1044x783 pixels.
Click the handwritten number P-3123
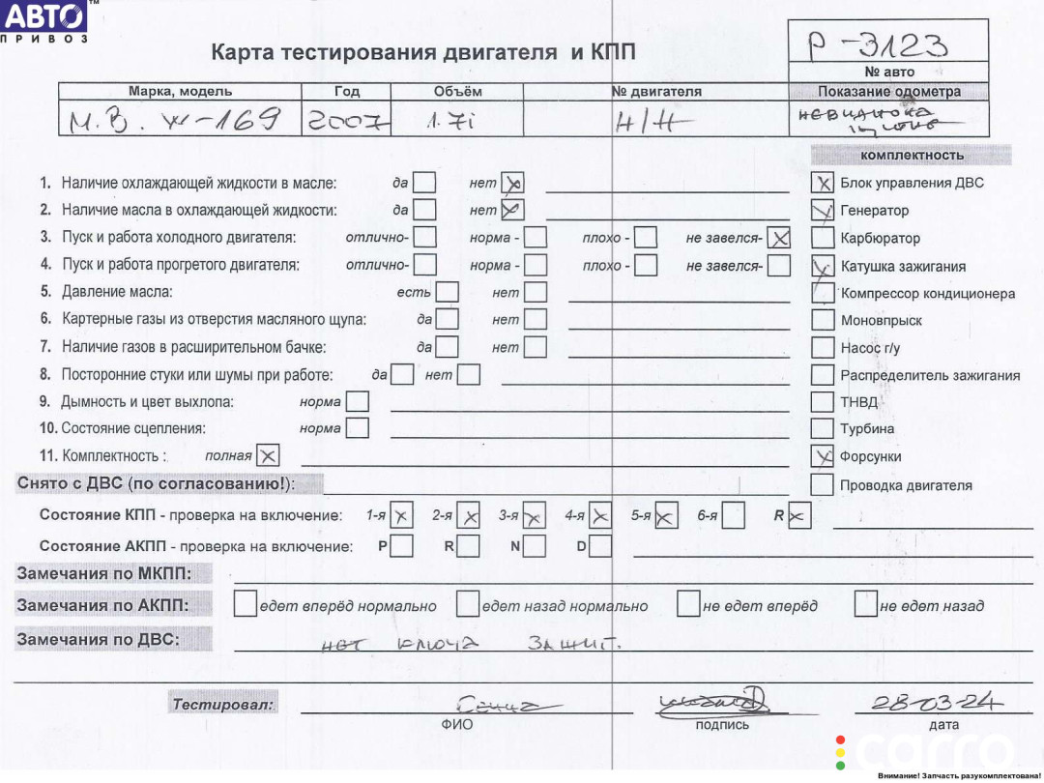tap(878, 45)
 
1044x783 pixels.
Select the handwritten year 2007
tap(347, 121)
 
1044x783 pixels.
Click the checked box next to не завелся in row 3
tap(779, 237)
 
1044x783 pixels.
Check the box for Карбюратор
tap(823, 238)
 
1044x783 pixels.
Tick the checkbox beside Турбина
tap(823, 428)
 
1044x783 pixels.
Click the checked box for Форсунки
tap(823, 456)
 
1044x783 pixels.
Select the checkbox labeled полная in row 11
tap(268, 455)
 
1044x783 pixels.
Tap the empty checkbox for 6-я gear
tap(734, 516)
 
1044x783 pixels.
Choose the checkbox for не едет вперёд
tap(688, 605)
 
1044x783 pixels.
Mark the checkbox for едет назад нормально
tap(468, 605)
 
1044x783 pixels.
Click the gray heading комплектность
tap(911, 155)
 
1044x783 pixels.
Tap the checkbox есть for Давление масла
tap(447, 292)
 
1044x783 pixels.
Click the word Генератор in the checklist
tap(874, 210)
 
